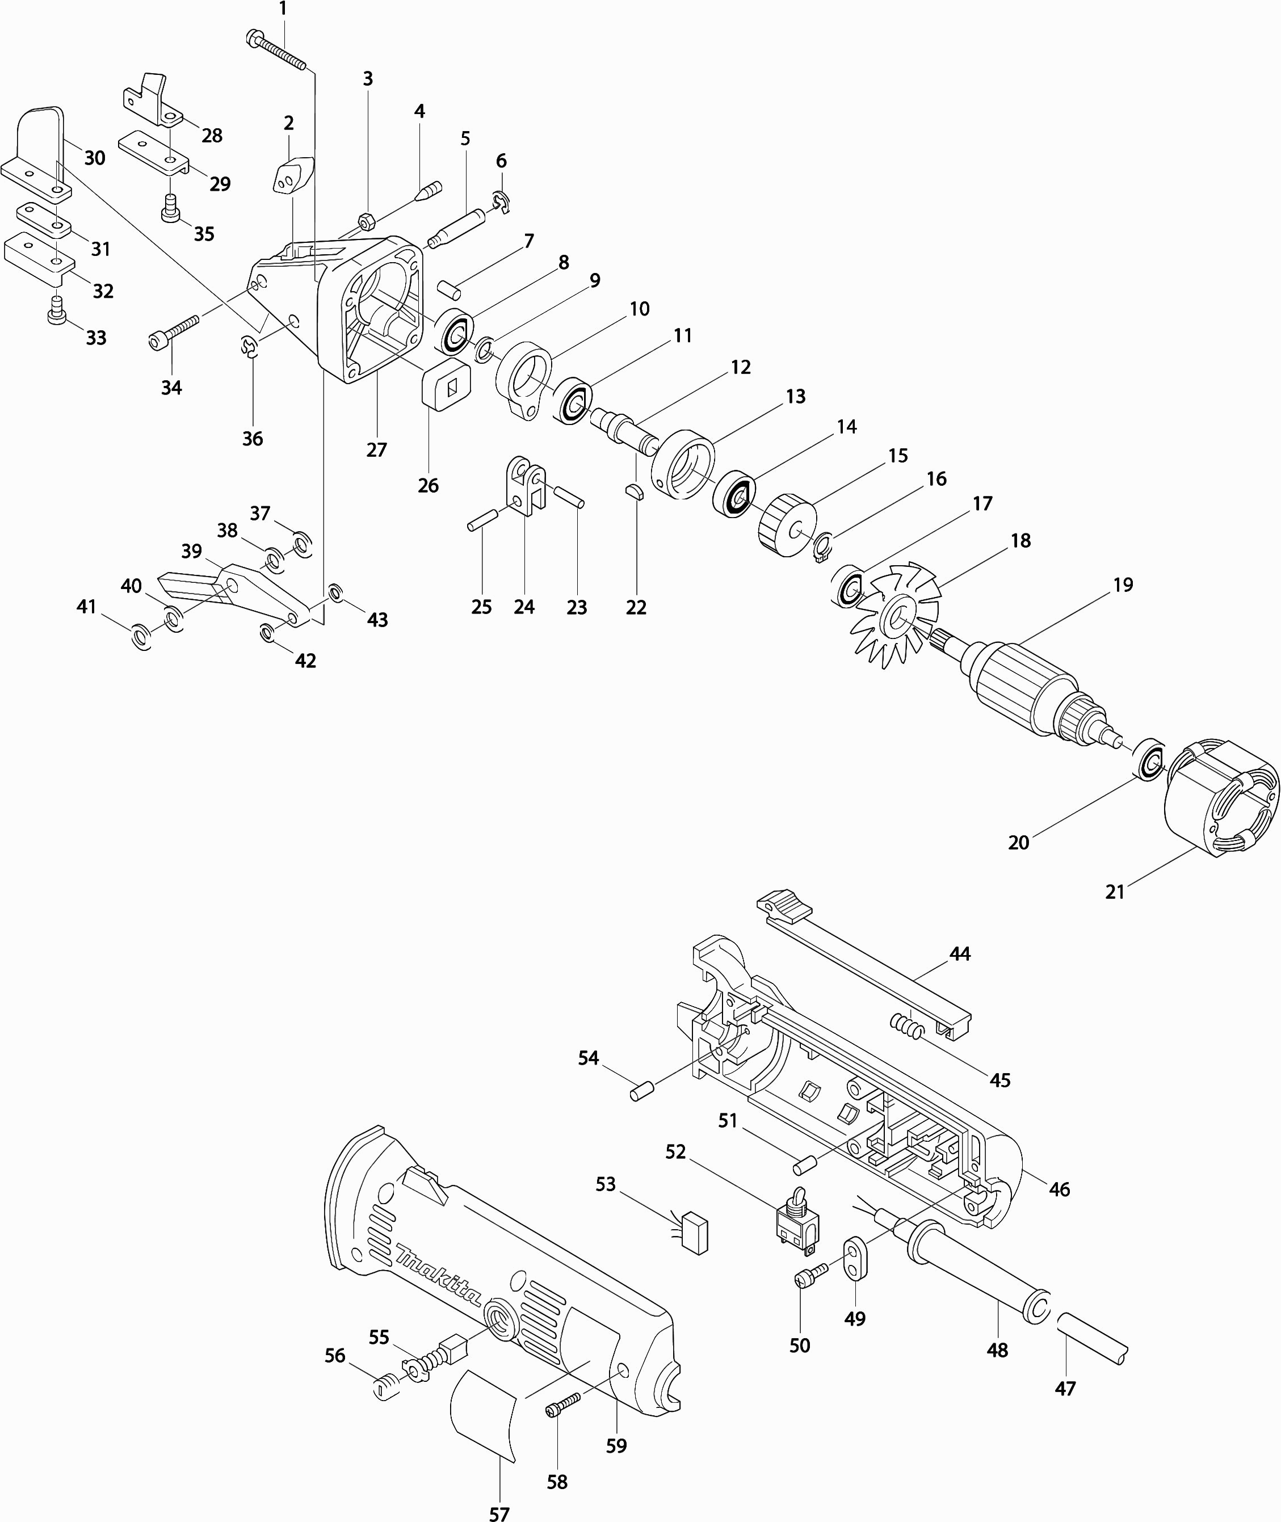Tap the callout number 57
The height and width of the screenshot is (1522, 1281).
click(x=499, y=1511)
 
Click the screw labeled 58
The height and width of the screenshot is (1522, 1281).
click(x=563, y=1403)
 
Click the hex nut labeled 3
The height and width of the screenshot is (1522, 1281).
click(x=367, y=221)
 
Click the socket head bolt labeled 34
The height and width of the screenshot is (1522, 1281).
click(x=174, y=330)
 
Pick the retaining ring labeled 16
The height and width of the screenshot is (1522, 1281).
click(x=821, y=547)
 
